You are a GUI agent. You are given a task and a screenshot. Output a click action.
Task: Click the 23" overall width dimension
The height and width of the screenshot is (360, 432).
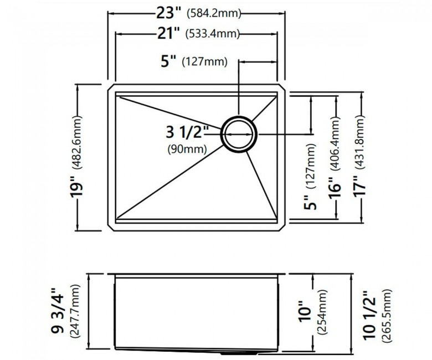pos(169,13)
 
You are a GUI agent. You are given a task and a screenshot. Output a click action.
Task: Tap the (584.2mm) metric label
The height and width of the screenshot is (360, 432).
pos(214,13)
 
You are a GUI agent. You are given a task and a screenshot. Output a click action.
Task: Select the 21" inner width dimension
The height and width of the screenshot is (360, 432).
pos(168,33)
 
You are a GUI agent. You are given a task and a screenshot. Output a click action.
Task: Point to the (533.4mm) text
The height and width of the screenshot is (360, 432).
pos(213,34)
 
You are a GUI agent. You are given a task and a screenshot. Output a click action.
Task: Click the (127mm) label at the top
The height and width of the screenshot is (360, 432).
pos(205,61)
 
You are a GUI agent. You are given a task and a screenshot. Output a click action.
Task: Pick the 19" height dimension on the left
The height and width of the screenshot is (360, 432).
pos(76,186)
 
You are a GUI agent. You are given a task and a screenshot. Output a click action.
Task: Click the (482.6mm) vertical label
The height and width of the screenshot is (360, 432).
pos(77,142)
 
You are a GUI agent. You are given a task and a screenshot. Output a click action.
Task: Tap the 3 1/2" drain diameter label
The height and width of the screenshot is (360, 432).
pos(187,132)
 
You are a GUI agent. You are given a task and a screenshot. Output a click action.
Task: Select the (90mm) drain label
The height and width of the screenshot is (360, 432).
pos(187,149)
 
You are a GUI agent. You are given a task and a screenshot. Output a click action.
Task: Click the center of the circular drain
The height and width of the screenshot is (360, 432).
pos(239,135)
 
